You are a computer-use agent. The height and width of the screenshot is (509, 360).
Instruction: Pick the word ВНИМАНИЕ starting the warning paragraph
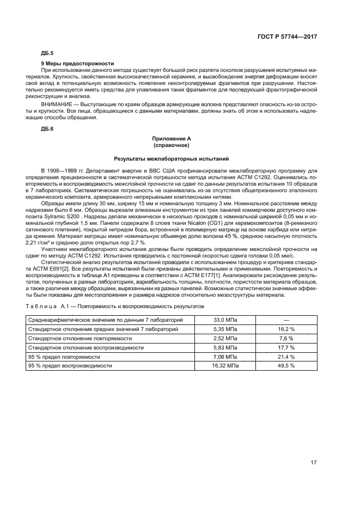pos(56,103)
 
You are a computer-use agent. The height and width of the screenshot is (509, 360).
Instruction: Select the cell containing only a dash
pos(286,320)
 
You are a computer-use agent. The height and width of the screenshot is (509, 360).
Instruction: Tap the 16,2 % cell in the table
pos(286,329)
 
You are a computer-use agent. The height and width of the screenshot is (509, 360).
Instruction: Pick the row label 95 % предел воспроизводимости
pos(70,366)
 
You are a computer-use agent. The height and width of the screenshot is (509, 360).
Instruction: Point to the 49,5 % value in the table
pos(286,366)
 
